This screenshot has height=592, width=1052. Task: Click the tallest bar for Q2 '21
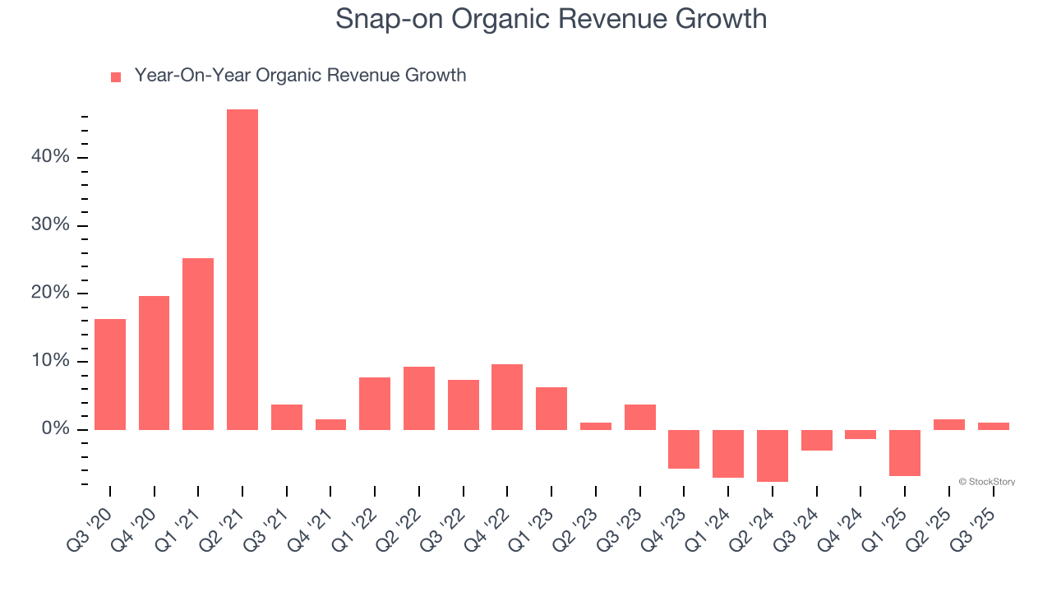coord(242,270)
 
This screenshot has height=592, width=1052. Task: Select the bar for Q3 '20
coord(110,374)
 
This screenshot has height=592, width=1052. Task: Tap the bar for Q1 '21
coord(198,344)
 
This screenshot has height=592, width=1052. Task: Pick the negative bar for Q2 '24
coord(773,456)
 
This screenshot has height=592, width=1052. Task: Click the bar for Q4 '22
coord(507,397)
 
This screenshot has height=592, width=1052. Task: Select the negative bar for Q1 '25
coord(905,453)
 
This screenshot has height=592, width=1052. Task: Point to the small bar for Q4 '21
coord(330,424)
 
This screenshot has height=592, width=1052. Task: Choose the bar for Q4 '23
coord(684,449)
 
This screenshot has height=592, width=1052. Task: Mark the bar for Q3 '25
coord(993,426)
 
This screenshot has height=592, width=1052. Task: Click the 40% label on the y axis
coord(50,157)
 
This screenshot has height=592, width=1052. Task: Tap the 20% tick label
coord(50,294)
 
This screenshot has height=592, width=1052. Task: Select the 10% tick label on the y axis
coord(50,362)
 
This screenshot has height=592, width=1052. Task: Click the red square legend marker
coord(116,76)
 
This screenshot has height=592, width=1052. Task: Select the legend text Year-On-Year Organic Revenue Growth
coord(300,76)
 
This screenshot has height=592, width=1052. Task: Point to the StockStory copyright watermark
coord(986,482)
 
